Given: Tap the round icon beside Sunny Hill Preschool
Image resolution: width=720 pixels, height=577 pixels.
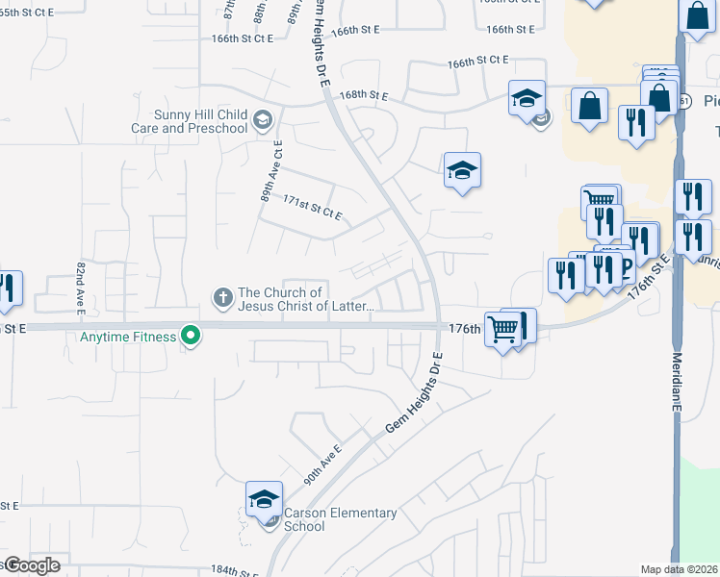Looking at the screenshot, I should click(x=263, y=122).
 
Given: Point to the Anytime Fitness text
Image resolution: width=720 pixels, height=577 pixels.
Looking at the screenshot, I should click(x=128, y=337).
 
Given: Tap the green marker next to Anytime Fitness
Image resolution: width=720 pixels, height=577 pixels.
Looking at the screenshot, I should click(x=192, y=337).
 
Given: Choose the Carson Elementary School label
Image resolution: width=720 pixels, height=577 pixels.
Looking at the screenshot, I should click(x=340, y=519).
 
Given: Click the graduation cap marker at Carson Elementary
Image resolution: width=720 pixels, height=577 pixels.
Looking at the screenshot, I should click(x=264, y=499).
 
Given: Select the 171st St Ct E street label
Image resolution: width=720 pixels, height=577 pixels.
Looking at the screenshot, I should click(x=313, y=207).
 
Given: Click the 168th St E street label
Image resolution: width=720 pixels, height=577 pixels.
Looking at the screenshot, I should click(x=363, y=96).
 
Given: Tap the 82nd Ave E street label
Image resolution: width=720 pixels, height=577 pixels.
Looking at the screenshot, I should click(x=81, y=287).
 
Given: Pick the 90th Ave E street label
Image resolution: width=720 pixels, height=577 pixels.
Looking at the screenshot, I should click(x=323, y=464).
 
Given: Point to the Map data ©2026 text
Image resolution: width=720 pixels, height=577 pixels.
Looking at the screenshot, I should click(x=679, y=569).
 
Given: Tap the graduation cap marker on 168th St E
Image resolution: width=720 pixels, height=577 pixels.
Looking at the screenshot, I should click(x=527, y=99).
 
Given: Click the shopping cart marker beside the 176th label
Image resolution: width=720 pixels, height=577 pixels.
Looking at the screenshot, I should click(x=503, y=330).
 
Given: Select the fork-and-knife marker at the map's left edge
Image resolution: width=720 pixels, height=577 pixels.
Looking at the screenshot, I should click(x=8, y=289).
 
